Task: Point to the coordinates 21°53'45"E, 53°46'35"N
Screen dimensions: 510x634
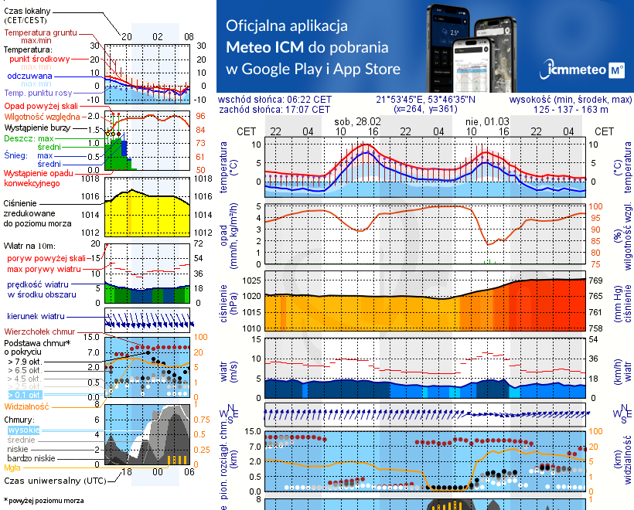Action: (425, 100)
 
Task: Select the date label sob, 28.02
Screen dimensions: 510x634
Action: (356, 121)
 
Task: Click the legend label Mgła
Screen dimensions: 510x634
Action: (12, 467)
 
